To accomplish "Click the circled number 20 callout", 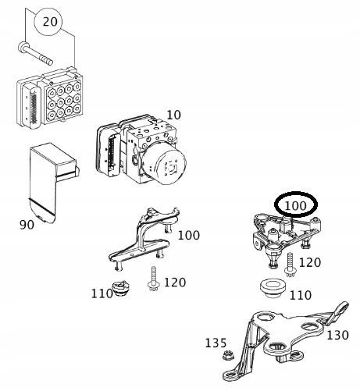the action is click(x=48, y=22).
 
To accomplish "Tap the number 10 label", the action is click(x=173, y=115).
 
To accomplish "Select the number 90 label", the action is click(x=27, y=225).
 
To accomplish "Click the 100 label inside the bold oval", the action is click(x=296, y=206).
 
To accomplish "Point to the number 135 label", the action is click(x=216, y=343).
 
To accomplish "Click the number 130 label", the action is click(x=337, y=336).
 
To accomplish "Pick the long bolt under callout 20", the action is click(x=35, y=54).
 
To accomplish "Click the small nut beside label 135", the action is click(x=228, y=355).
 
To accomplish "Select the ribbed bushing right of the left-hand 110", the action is click(x=121, y=288).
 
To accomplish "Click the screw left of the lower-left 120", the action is click(x=153, y=279).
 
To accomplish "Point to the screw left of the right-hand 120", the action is click(x=290, y=265).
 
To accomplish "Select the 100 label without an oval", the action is click(x=189, y=236).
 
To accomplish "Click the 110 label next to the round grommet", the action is click(x=301, y=295).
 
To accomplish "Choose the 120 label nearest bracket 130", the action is click(x=310, y=263).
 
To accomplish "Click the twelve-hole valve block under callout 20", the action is click(x=50, y=98).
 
